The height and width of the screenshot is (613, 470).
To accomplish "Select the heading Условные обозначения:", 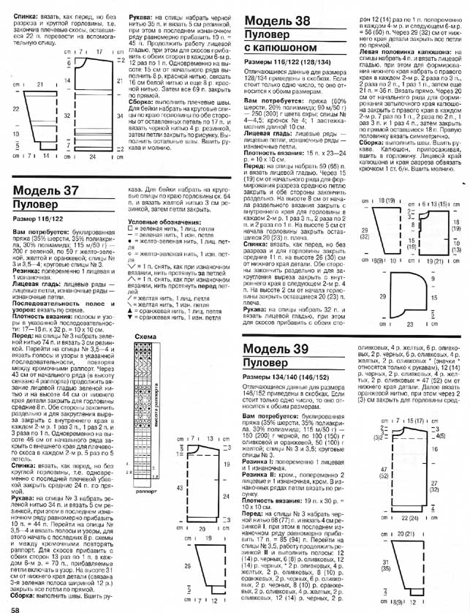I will [x=157, y=222].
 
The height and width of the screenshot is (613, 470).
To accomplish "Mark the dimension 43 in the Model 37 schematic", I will [x=178, y=486].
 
